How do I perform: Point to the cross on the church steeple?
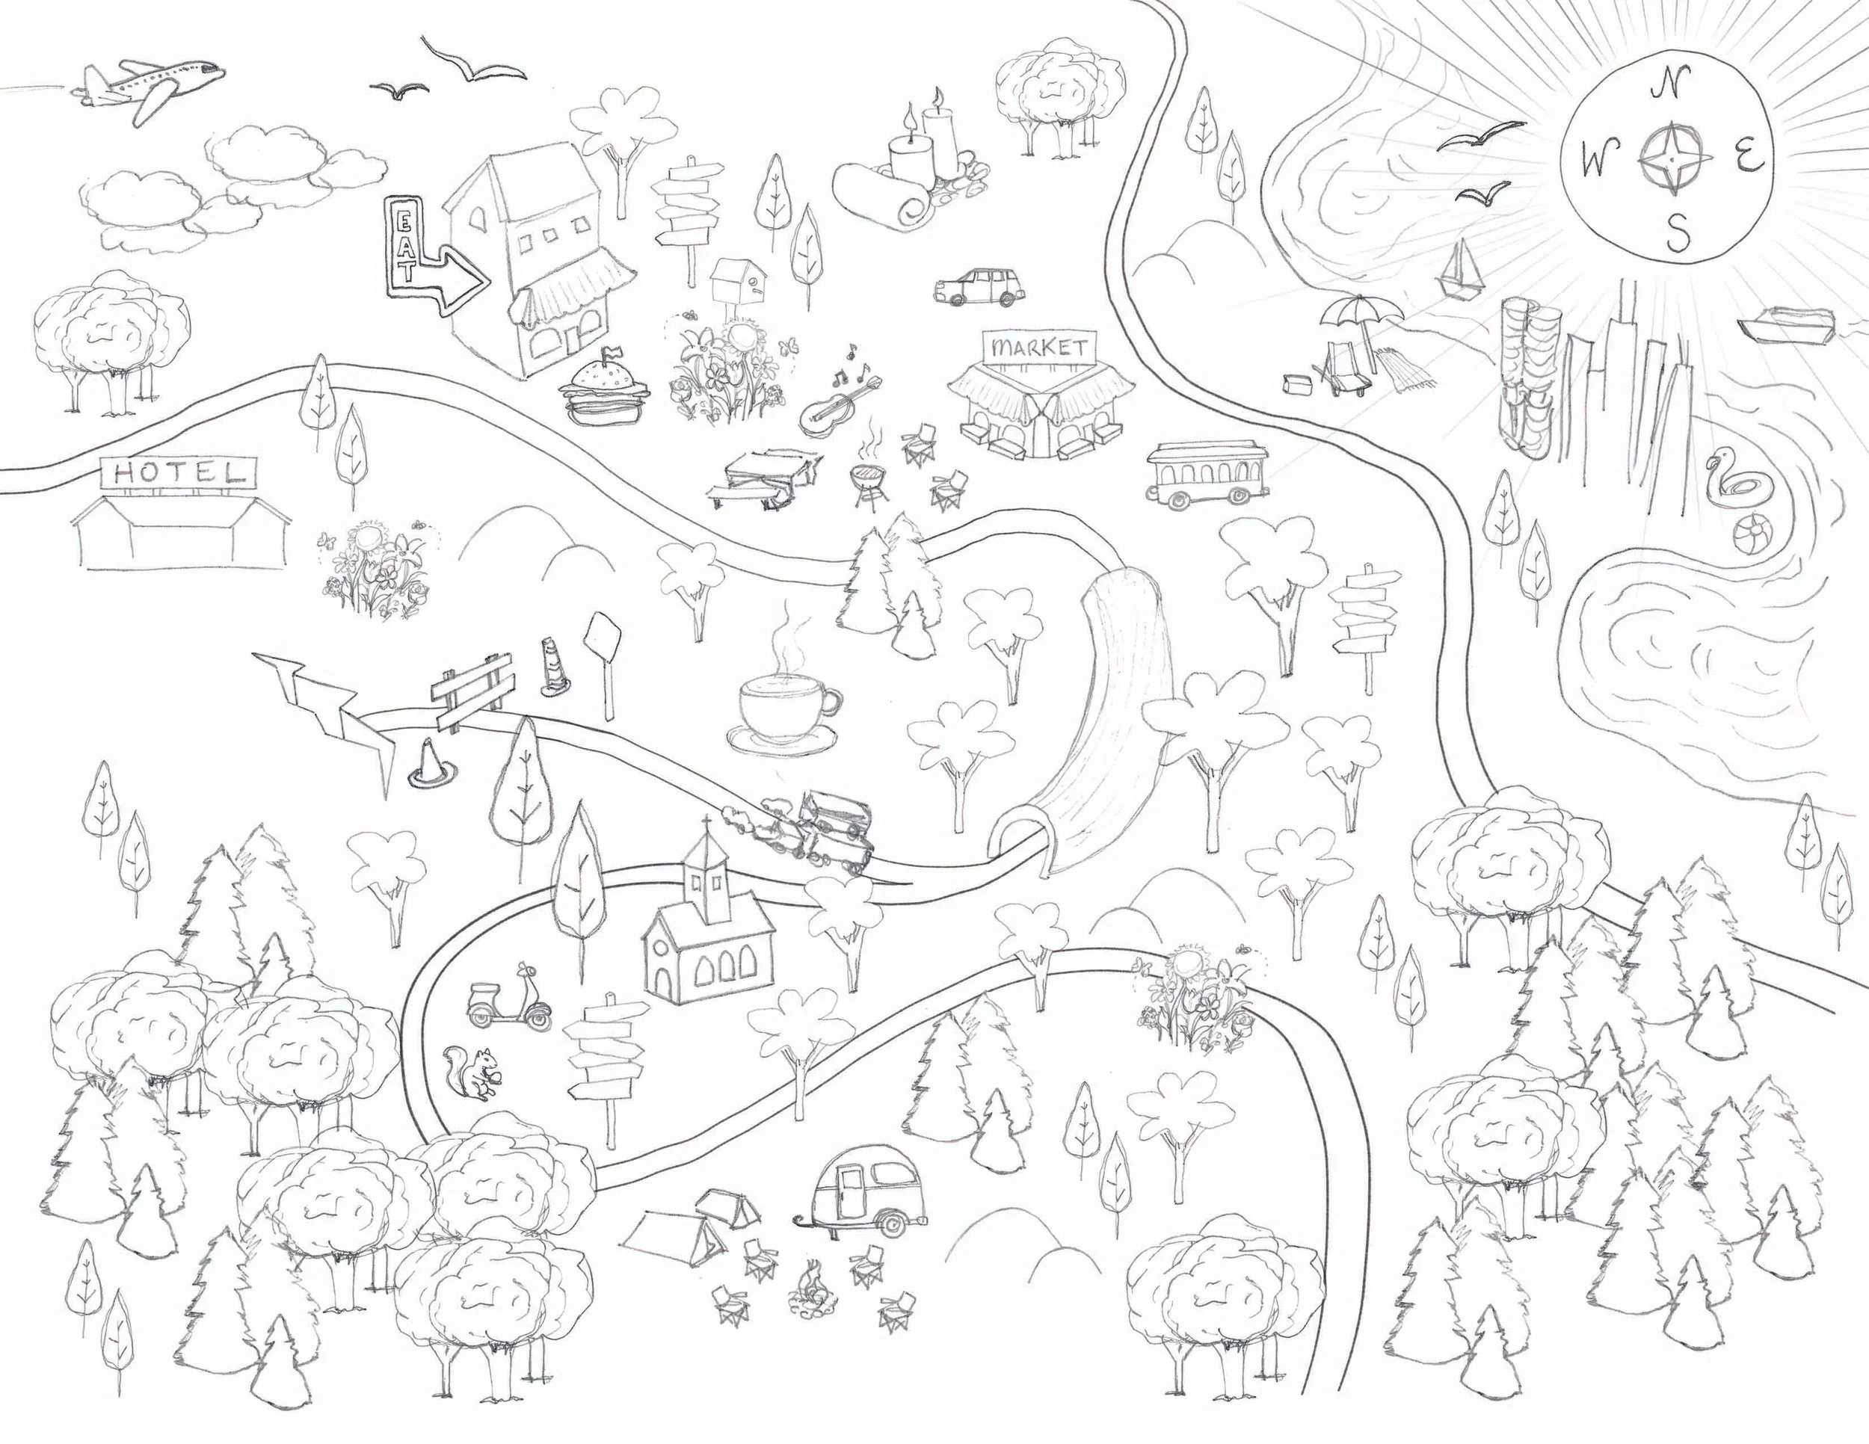(x=705, y=825)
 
